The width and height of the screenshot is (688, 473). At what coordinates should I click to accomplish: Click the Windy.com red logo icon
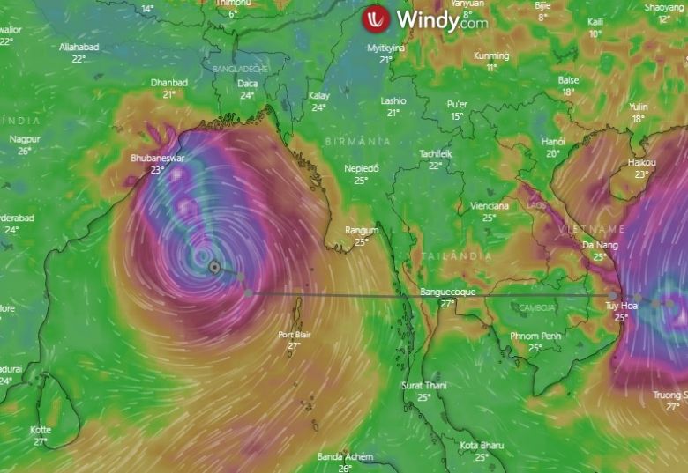[376, 19]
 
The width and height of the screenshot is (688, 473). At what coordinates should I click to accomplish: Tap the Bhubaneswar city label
[158, 159]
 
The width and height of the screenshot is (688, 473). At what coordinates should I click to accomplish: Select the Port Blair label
[295, 335]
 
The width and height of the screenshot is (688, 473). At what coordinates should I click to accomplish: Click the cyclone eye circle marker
[214, 267]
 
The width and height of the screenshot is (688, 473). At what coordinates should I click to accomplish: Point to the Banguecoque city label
[447, 292]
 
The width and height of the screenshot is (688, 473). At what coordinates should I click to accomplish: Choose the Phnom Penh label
[535, 336]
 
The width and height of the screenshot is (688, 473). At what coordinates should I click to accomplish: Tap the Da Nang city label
[600, 245]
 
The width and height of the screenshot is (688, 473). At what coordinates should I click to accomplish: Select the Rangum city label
[362, 231]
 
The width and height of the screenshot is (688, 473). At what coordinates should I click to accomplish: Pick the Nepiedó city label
[361, 168]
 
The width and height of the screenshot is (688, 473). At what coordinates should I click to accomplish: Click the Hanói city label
[553, 142]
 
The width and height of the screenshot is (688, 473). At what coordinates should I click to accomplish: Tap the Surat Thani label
[424, 386]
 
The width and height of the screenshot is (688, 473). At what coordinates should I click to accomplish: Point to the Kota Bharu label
[482, 446]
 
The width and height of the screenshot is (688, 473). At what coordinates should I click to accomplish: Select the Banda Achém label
[345, 457]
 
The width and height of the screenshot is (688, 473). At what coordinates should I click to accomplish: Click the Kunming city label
[491, 55]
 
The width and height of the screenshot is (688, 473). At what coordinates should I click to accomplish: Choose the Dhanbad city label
[169, 83]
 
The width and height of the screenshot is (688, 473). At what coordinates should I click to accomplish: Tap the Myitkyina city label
[386, 48]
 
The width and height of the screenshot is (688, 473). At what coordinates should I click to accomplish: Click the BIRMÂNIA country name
[358, 141]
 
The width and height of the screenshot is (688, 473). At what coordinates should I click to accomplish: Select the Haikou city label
[641, 163]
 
